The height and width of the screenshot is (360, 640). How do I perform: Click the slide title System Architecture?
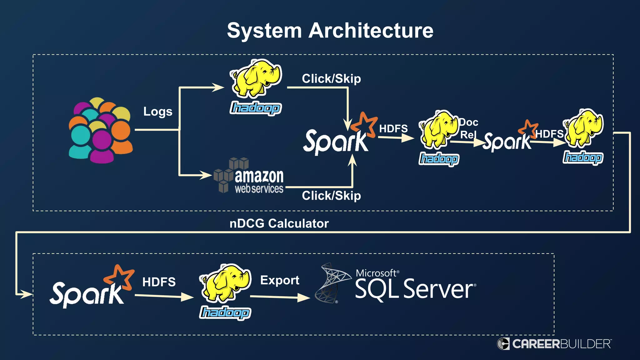330,31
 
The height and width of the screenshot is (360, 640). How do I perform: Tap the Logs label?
158,112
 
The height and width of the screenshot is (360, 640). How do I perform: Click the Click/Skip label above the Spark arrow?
331,79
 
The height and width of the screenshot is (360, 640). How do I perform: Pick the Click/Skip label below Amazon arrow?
331,196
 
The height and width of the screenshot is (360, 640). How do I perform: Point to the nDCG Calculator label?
279,223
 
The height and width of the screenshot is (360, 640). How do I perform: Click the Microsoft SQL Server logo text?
415,285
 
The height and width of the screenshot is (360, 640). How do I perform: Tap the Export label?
280,280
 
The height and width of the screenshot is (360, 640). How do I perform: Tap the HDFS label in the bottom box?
159,282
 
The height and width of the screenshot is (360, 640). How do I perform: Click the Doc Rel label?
468,128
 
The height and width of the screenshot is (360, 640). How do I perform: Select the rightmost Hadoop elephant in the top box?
584,128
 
